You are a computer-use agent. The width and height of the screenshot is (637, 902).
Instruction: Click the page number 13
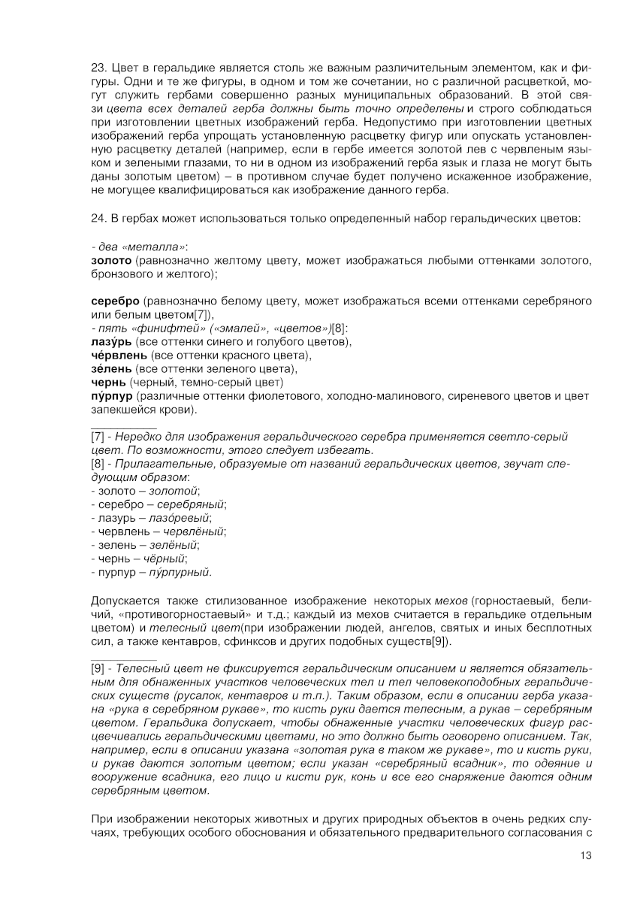tap(586, 855)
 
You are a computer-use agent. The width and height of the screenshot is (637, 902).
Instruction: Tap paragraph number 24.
tap(98, 219)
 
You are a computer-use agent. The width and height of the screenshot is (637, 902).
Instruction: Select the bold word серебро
tap(114, 301)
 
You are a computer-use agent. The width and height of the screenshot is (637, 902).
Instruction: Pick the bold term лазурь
tap(106, 342)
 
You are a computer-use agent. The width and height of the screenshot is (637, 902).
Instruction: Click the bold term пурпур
tap(111, 396)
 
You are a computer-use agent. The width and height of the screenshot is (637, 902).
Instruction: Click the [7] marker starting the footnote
tap(98, 437)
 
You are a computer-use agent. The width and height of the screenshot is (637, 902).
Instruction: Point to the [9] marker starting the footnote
tap(98, 668)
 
